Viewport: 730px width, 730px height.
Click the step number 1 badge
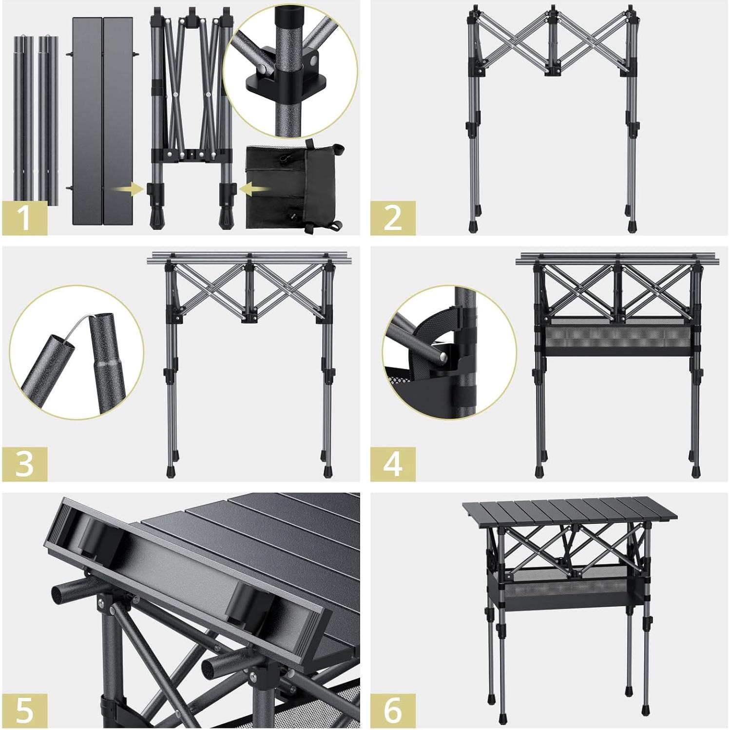[x=25, y=217]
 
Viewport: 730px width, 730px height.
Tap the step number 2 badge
[x=393, y=217]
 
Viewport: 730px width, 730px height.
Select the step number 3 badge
[x=25, y=463]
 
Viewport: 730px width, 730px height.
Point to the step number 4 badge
[x=393, y=463]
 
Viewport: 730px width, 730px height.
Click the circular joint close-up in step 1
[x=290, y=71]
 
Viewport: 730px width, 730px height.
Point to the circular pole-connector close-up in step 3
[x=77, y=352]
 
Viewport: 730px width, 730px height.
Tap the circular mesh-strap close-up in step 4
[x=449, y=352]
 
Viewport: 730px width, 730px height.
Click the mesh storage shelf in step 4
[x=617, y=339]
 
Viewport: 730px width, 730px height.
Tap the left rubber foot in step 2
[x=472, y=226]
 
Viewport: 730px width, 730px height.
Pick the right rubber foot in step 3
[x=327, y=472]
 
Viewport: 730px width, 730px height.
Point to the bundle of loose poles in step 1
[x=36, y=117]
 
